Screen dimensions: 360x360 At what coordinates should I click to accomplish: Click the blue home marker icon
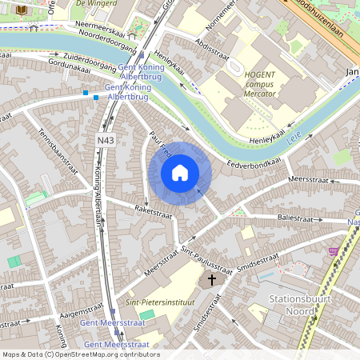pyautogui.click(x=180, y=173)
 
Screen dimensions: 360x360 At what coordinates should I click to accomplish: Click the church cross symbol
pyautogui.click(x=213, y=279)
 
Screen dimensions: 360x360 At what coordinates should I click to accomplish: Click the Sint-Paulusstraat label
pyautogui.click(x=206, y=260)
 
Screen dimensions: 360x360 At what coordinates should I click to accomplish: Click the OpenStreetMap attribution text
pyautogui.click(x=81, y=354)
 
